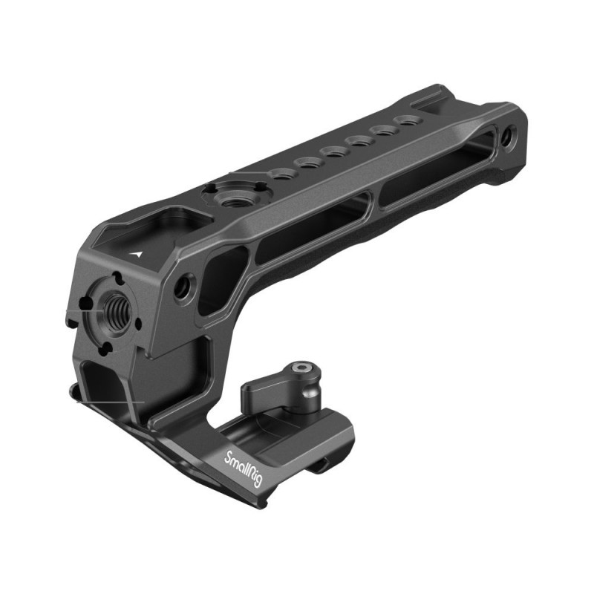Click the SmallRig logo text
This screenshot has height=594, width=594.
coord(243,469)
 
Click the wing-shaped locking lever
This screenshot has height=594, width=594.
coord(281,387)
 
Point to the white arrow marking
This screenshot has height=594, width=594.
coord(137,254)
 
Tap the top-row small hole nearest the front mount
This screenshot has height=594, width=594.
coord(281,174)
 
